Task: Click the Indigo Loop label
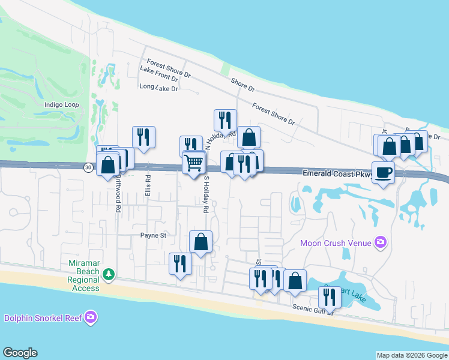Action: (x=62, y=104)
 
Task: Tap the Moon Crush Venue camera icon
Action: (x=379, y=243)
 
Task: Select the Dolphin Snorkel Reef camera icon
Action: (x=91, y=317)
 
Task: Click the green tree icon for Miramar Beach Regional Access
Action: (x=108, y=275)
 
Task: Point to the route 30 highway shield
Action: (x=89, y=168)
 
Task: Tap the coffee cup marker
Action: (x=383, y=173)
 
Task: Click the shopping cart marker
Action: (x=193, y=163)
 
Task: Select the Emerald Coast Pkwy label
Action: (x=338, y=173)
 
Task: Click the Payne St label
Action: (x=153, y=236)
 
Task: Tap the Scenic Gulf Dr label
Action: (x=312, y=308)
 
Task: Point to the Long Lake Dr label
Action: (x=159, y=88)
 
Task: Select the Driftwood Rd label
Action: (x=118, y=193)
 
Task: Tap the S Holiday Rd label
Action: (x=205, y=195)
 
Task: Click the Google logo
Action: (x=20, y=353)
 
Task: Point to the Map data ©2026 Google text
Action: (x=412, y=355)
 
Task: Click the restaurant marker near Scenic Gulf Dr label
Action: (x=330, y=296)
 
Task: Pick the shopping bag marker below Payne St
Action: (x=201, y=242)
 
